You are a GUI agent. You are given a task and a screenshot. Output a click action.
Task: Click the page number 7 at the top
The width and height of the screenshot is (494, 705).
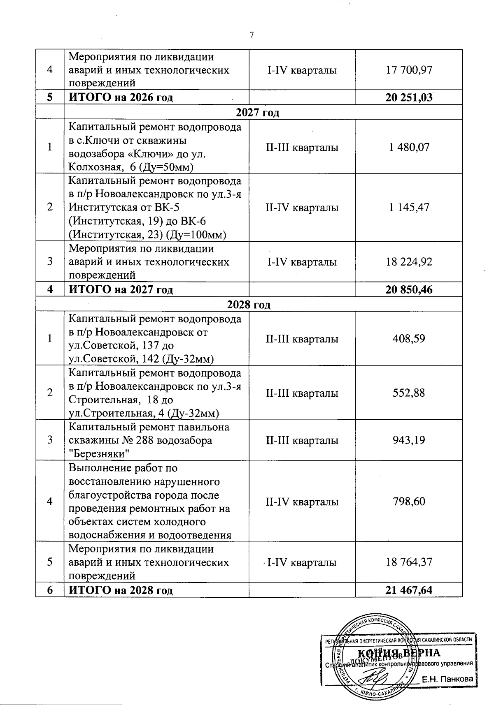coord(252,35)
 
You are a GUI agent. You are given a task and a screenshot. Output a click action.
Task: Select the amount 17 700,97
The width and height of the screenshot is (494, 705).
coord(409,70)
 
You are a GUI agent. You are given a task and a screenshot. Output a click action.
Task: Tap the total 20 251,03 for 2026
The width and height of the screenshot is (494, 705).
coord(409,97)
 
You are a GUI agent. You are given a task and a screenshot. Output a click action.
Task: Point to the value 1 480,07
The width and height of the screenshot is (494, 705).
coord(409,147)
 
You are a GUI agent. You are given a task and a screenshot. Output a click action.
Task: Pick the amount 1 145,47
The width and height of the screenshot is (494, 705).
coord(409,207)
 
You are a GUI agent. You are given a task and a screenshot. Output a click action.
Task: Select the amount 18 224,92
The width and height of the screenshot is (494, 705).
coord(409,262)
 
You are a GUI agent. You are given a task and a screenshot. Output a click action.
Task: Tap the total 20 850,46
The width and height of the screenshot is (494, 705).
coord(409,289)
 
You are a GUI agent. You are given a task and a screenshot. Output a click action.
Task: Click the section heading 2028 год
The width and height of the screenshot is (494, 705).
coord(249,305)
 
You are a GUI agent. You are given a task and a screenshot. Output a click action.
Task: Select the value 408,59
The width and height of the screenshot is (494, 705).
coord(409,339)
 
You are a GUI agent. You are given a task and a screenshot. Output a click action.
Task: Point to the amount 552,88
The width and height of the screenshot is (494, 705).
coord(409,393)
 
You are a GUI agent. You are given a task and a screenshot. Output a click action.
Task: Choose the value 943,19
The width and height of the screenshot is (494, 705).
coord(409,440)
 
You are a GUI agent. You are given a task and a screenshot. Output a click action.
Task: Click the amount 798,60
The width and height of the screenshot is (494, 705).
coord(409,502)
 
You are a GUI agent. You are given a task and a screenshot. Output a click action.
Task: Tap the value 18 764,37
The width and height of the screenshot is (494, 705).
coord(409,562)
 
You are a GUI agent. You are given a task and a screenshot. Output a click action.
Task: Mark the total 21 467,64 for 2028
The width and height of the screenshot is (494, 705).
coord(409,590)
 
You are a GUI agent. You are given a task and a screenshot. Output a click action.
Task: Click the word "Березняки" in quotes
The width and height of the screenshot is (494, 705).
coord(99,454)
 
